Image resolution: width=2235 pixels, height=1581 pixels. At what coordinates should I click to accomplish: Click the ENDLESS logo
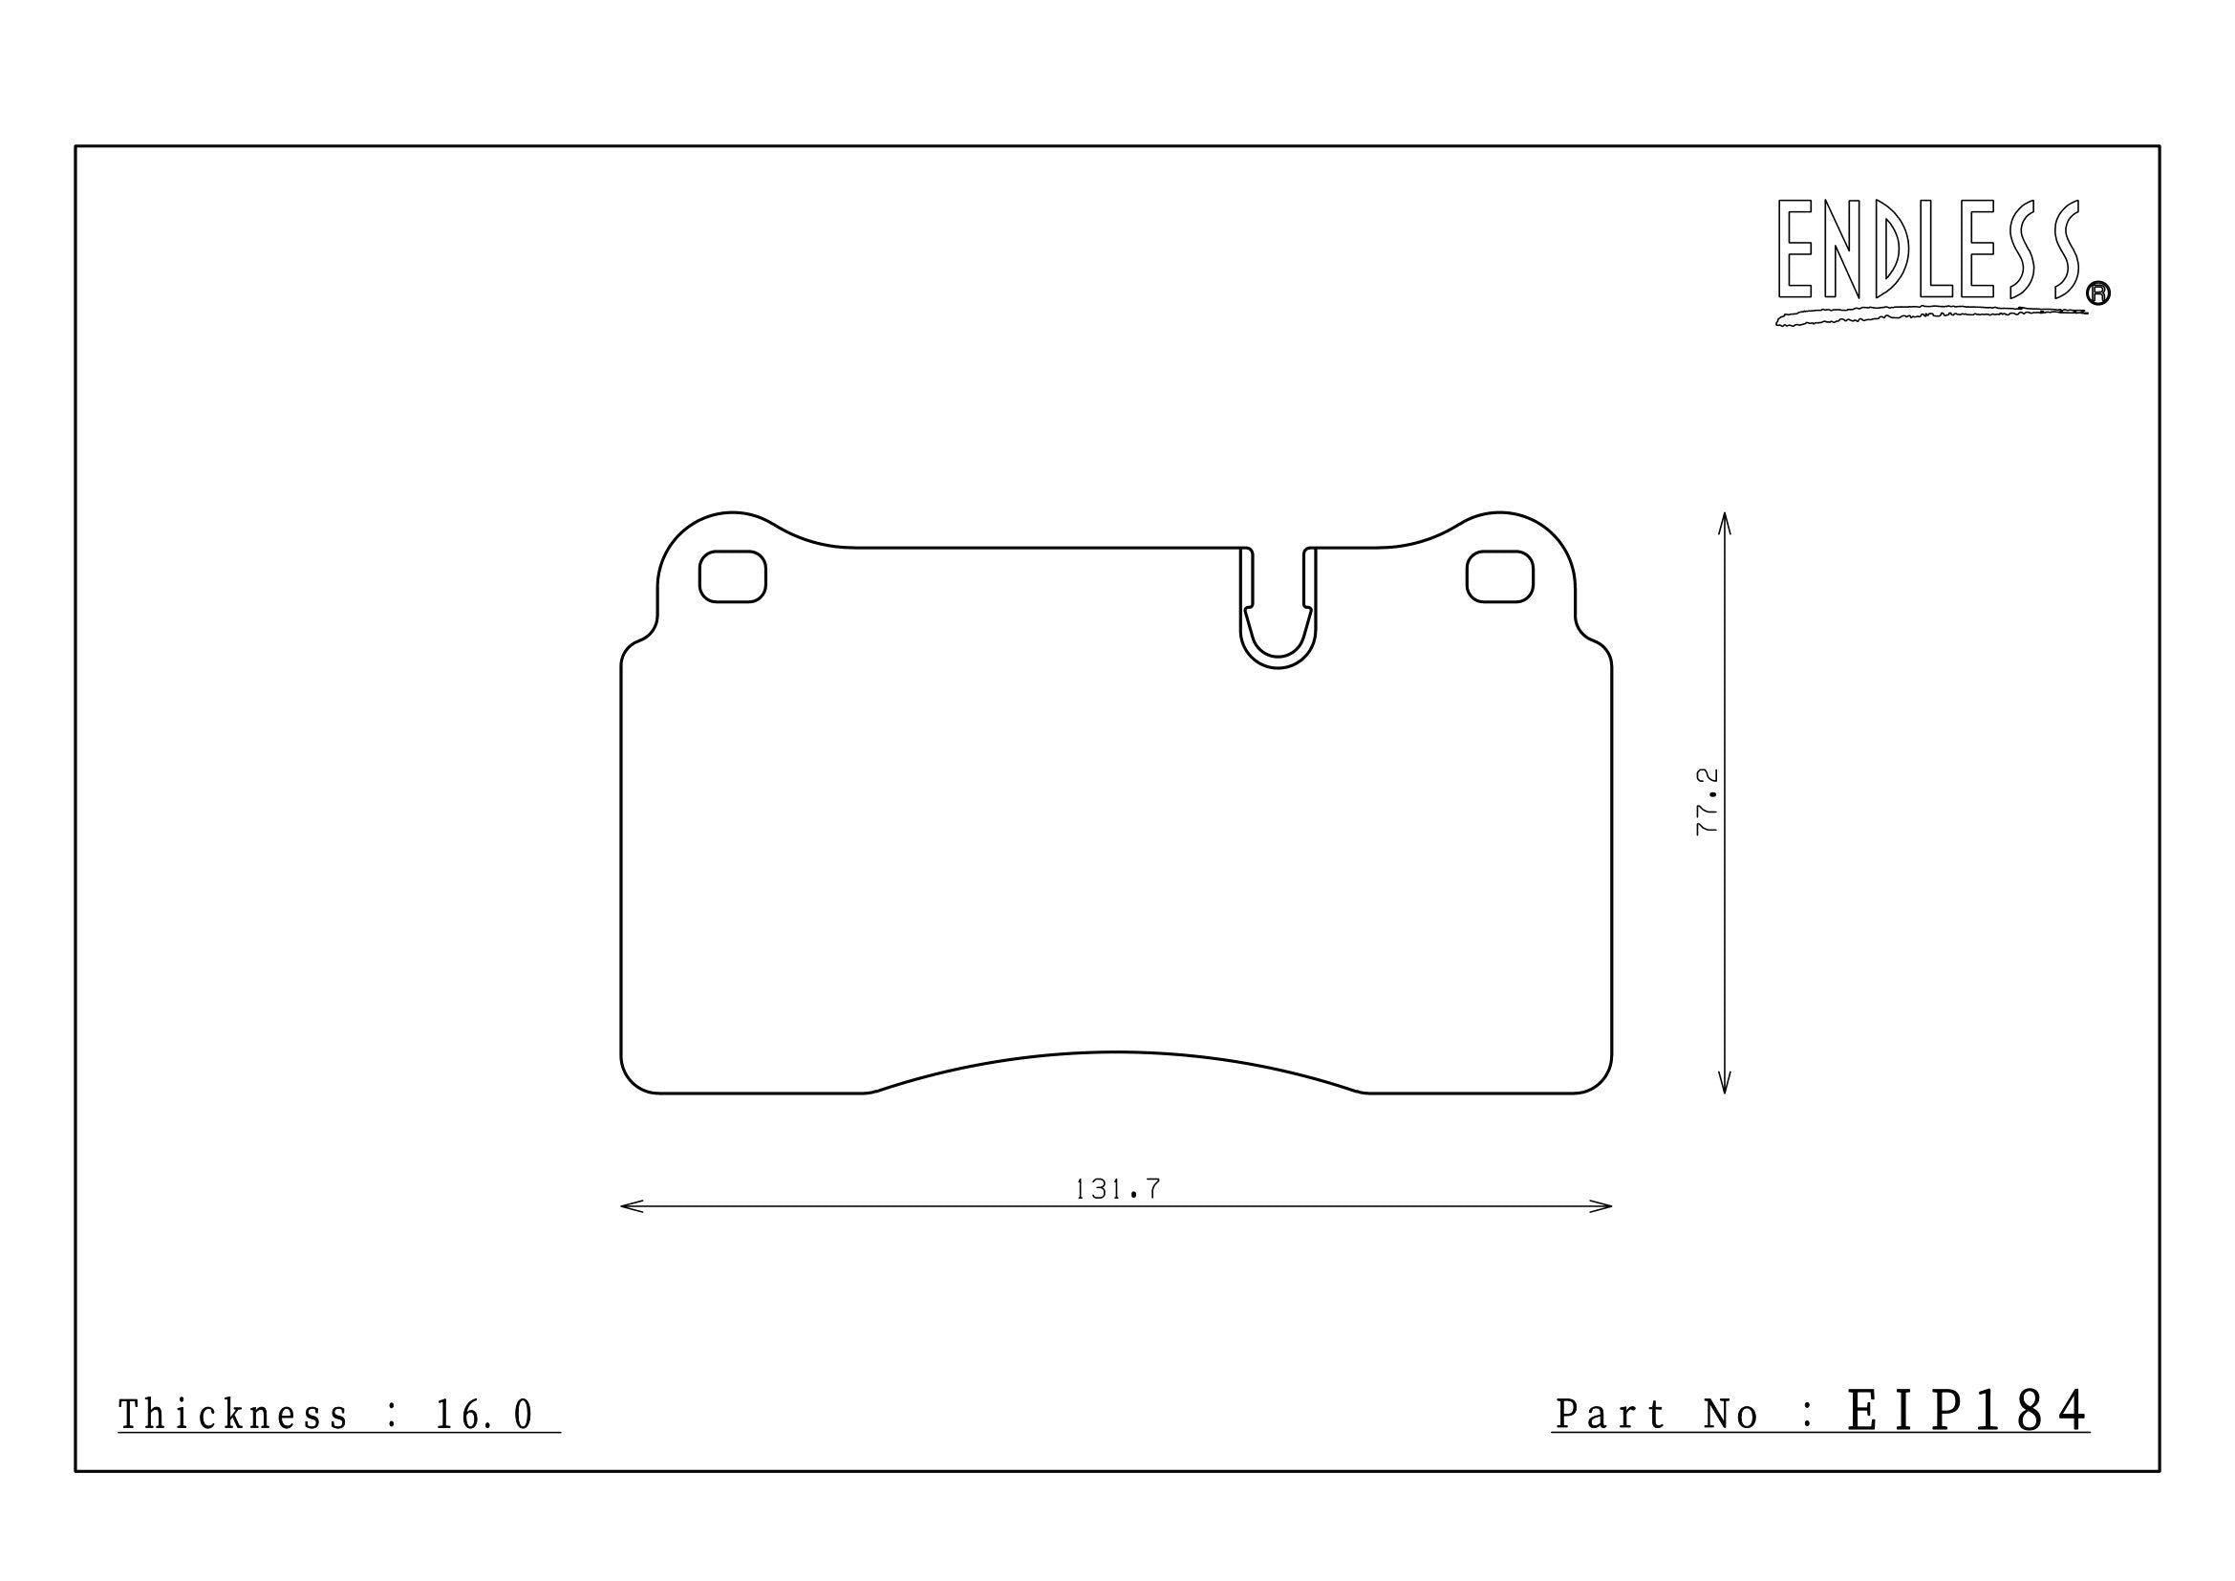pos(1929,250)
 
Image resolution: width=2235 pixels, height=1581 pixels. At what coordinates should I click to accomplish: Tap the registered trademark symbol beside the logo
pos(2098,293)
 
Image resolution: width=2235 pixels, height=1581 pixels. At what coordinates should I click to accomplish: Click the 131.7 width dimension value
pos(1118,1189)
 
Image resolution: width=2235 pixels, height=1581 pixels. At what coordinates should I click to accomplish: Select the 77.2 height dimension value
pos(1708,801)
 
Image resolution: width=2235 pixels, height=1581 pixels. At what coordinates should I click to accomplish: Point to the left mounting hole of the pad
pos(732,576)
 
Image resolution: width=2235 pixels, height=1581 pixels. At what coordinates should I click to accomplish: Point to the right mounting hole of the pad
pos(1500,576)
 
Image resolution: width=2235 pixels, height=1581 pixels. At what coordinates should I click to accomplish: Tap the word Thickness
pos(233,1415)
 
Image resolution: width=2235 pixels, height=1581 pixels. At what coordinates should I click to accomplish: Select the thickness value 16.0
pos(484,1415)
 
